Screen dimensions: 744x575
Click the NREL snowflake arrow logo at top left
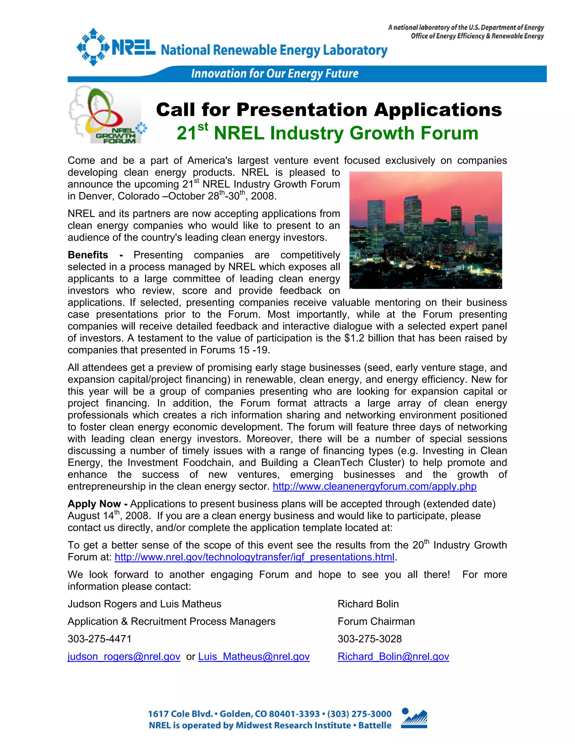click(93, 47)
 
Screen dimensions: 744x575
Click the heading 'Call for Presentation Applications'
click(329, 110)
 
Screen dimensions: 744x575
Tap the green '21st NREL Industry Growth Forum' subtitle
click(327, 133)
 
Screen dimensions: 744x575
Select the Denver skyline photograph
click(425, 230)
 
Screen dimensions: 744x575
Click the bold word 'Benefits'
click(88, 255)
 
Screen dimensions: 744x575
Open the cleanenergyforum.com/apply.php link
click(374, 486)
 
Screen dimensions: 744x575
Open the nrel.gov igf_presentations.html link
click(254, 557)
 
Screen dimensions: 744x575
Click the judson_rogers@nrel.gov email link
click(124, 656)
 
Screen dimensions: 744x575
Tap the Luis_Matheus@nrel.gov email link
click(254, 656)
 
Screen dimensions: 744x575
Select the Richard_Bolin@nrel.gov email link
click(393, 656)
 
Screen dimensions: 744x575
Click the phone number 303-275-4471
click(99, 639)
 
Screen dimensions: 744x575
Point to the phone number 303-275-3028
click(369, 639)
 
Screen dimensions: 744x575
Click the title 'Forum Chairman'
click(376, 621)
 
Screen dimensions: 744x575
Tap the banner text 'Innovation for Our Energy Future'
click(275, 74)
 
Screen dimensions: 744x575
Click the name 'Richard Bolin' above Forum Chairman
click(368, 604)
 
